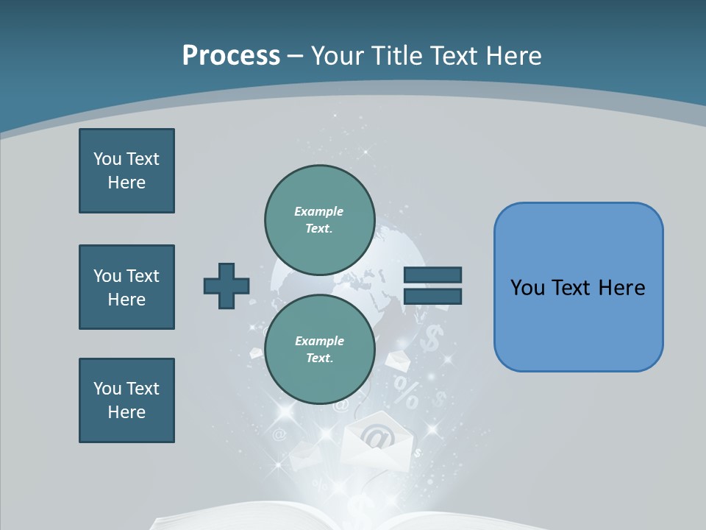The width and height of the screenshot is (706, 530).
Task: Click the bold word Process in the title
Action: (231, 55)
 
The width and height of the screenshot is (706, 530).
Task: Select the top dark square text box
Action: (126, 171)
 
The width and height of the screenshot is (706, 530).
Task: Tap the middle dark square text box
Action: (126, 287)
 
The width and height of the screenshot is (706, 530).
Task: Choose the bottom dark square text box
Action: (126, 400)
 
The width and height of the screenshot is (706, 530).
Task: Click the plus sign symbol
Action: (227, 286)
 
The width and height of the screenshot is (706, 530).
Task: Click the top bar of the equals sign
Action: (432, 275)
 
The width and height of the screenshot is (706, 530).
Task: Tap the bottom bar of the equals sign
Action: (432, 297)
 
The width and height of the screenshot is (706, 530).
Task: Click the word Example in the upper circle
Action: (318, 211)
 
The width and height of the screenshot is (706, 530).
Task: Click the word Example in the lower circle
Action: (319, 341)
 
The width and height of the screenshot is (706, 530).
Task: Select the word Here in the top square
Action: (126, 183)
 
